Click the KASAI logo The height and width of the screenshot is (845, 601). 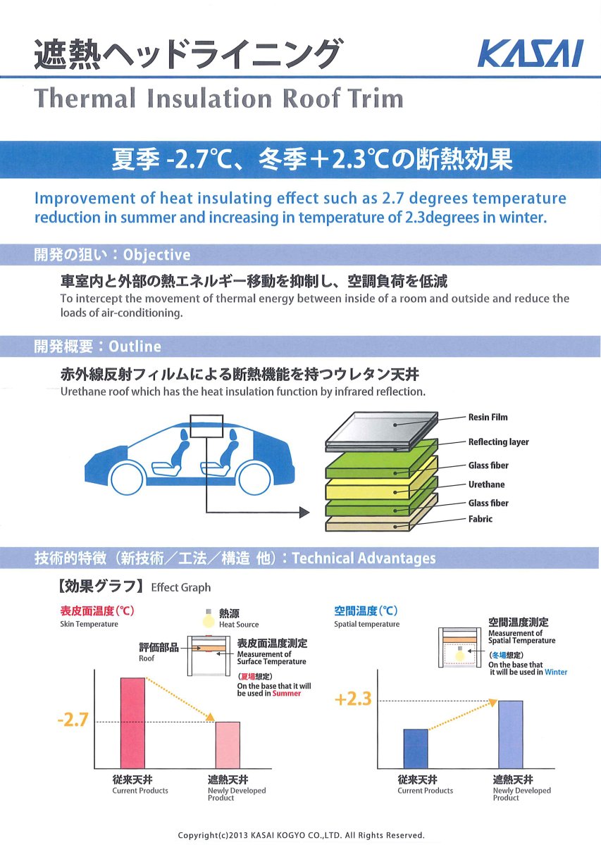click(531, 54)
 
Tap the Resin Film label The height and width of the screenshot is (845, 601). click(488, 417)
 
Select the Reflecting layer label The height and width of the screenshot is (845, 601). click(498, 442)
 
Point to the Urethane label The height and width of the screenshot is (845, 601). click(486, 484)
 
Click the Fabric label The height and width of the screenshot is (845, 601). click(481, 519)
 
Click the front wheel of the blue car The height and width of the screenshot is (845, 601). click(128, 478)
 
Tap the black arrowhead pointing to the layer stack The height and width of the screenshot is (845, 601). click(304, 513)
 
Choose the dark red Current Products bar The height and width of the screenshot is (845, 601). click(132, 722)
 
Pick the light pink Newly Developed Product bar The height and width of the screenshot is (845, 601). click(228, 745)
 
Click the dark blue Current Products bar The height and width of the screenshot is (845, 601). click(416, 749)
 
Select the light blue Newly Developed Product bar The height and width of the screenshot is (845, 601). click(511, 734)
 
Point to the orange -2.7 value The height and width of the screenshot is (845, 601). click(73, 720)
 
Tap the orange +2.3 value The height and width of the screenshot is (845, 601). click(354, 699)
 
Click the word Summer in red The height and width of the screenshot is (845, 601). click(287, 694)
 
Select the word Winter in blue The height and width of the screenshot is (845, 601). click(556, 672)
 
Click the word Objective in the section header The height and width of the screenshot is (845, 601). click(156, 255)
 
